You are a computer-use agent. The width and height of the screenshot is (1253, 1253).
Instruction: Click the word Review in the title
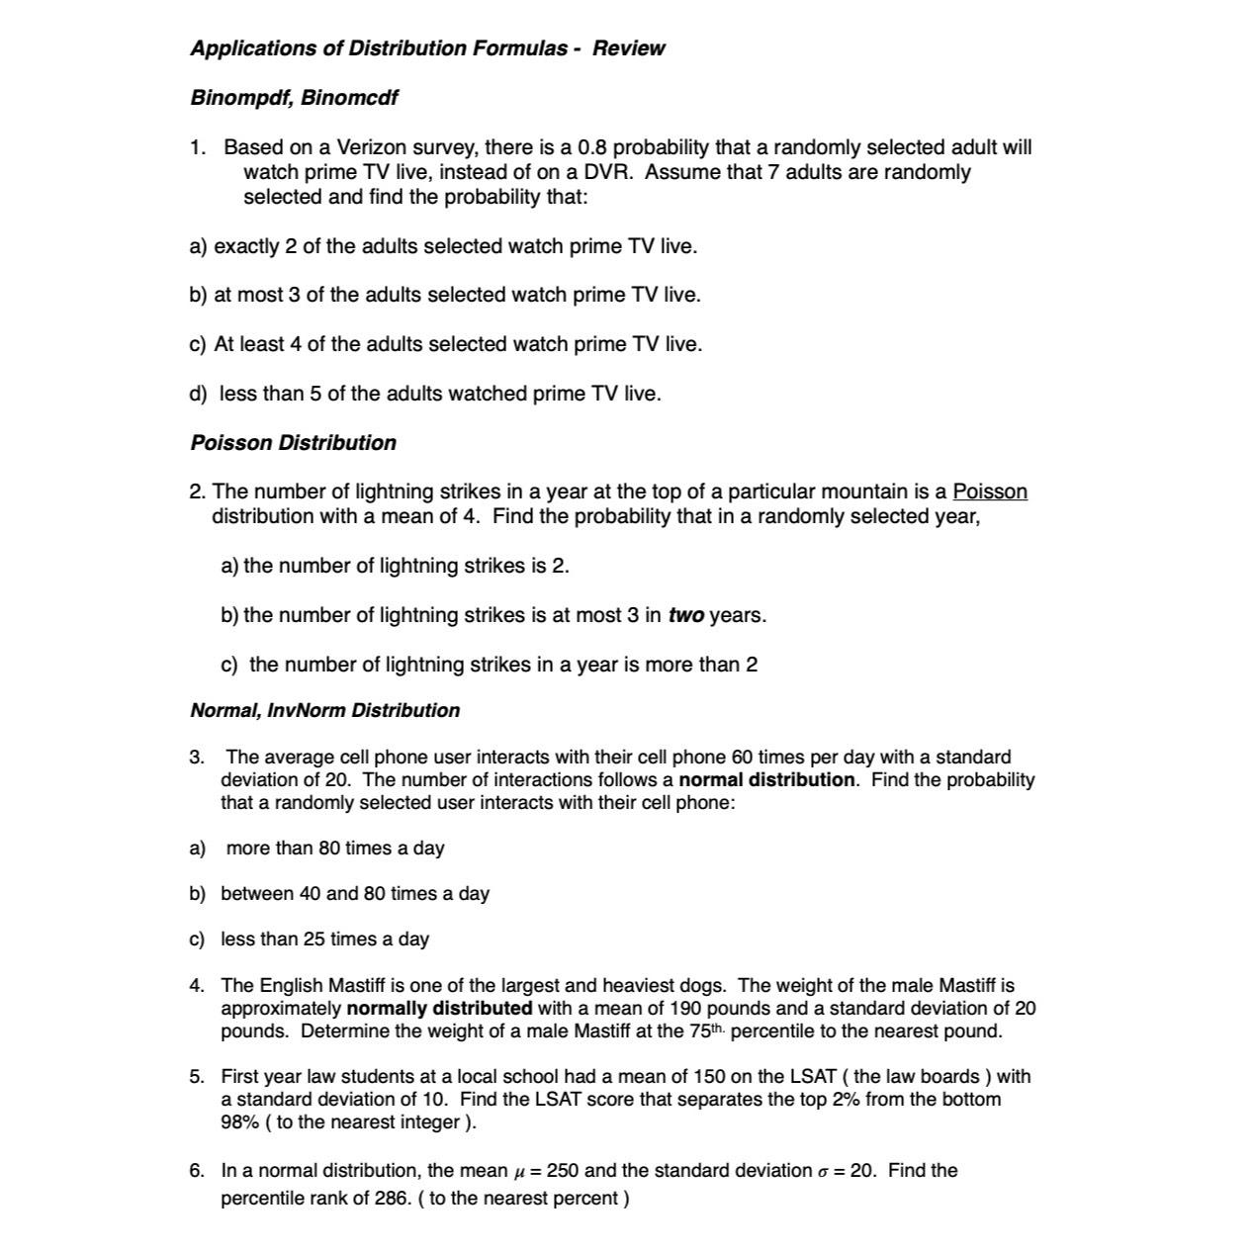coord(628,48)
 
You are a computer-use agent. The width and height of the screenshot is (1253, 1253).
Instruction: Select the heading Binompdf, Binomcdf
coord(294,98)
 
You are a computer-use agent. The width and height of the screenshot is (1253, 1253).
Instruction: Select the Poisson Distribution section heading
coord(293,443)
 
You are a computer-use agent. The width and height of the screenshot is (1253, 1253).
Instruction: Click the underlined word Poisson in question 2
coord(989,492)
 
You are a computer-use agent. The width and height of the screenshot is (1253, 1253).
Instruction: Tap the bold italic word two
coord(685,615)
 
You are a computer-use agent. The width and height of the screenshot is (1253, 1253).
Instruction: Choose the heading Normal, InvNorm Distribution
coord(324,710)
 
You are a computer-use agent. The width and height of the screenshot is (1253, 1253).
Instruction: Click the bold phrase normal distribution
coord(766,779)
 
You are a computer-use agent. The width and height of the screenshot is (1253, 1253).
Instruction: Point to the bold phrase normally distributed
coord(439,1009)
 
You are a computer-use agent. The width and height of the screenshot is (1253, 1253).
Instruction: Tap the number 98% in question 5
coord(239,1122)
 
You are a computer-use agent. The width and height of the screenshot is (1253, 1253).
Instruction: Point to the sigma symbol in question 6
coord(823,1172)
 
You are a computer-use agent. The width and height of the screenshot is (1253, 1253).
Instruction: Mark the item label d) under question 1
coord(198,394)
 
